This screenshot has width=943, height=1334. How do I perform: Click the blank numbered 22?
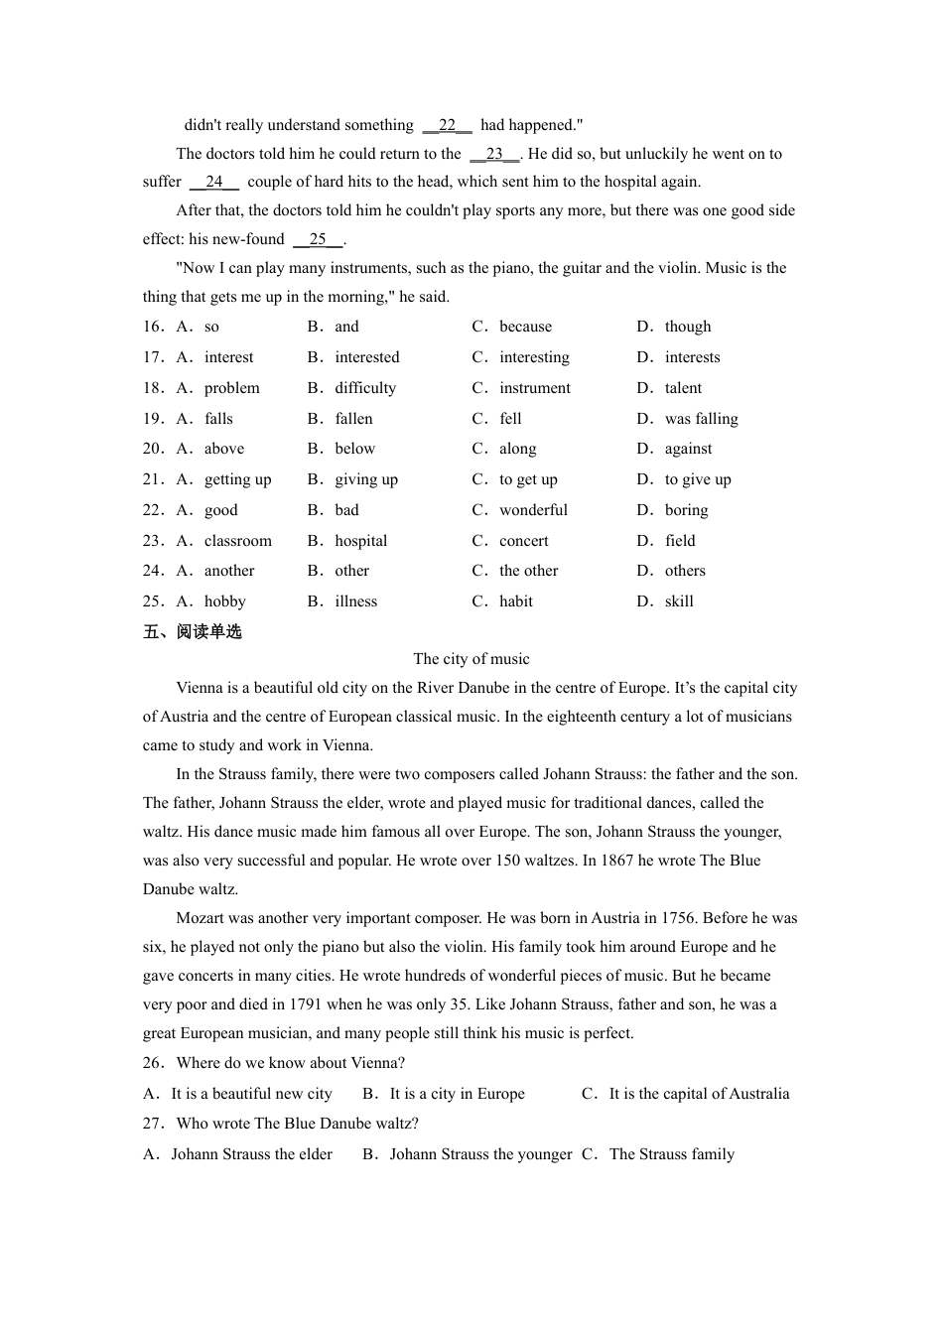click(447, 125)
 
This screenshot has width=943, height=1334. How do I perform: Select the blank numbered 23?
click(494, 154)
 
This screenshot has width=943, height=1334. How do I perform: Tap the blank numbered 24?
click(213, 182)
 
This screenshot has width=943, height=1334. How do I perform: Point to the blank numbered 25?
click(318, 239)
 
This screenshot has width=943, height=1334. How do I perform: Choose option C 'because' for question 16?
click(525, 327)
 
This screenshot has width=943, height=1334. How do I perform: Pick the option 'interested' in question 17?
click(366, 357)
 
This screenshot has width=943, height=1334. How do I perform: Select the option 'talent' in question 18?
click(683, 388)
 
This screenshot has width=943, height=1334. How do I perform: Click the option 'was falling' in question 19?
click(701, 419)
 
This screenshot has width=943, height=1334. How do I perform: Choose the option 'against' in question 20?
click(688, 449)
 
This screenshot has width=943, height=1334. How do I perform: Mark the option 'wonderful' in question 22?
click(533, 510)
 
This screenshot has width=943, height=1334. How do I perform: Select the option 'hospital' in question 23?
click(360, 541)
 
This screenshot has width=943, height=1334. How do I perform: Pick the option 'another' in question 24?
click(229, 571)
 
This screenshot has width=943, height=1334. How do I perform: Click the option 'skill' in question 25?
click(679, 601)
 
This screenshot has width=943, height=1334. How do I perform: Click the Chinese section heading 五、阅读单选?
click(193, 632)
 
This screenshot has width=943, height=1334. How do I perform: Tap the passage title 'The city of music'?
click(471, 659)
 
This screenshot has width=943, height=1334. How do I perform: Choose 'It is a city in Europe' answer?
click(457, 1094)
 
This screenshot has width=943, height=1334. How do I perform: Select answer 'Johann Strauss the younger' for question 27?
click(480, 1154)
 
